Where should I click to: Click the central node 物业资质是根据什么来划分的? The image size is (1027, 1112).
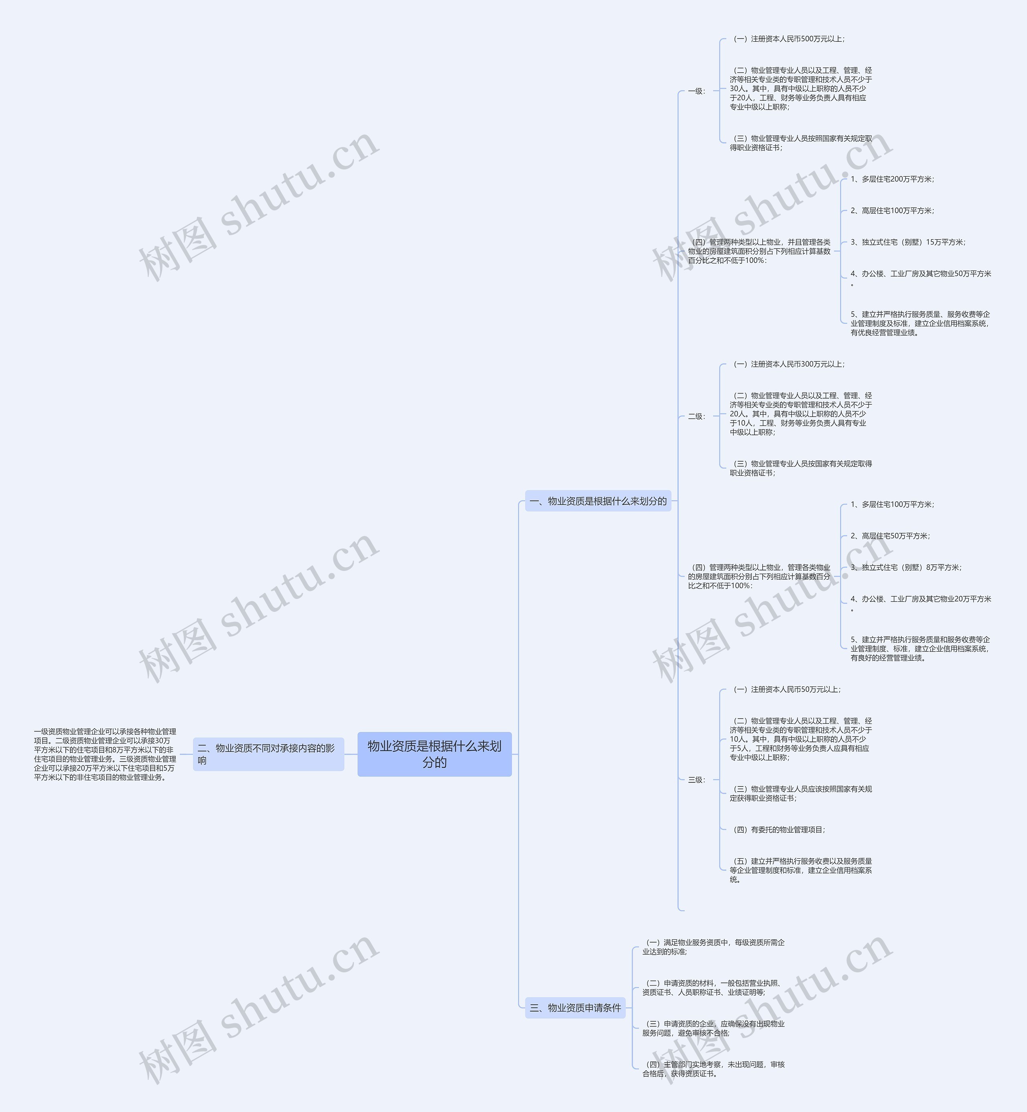pos(434,754)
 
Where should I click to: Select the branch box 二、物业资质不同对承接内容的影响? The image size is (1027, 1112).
pos(268,754)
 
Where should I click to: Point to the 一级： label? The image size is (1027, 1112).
pos(696,91)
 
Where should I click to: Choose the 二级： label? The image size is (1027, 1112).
pos(696,416)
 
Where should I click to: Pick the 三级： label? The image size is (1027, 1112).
pos(696,780)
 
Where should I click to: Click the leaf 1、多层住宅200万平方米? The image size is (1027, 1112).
pos(891,179)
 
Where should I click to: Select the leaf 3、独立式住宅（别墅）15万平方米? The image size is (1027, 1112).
pos(907,242)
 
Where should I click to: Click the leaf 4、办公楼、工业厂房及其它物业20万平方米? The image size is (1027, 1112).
pos(920,599)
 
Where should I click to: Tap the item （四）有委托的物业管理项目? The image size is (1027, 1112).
pos(778,829)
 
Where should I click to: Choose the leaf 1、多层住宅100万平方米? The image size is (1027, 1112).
pos(891,504)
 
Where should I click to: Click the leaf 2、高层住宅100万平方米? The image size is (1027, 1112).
pos(891,211)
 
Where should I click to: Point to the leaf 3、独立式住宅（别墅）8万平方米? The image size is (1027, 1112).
pos(905,568)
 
